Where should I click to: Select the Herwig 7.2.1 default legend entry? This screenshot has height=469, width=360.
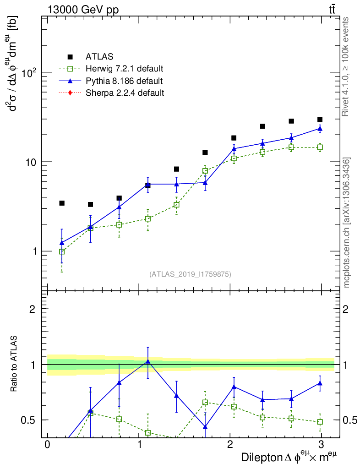pos(124,69)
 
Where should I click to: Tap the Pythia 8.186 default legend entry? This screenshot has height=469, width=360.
pos(124,81)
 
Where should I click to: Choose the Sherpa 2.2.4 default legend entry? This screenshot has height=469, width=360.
pos(125,93)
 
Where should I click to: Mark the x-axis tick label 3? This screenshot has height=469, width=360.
pos(322,445)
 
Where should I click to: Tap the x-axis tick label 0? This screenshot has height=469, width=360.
pos(47,445)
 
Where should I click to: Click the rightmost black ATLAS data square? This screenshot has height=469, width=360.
pos(320,120)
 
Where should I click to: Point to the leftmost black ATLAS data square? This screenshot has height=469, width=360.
pos(62,203)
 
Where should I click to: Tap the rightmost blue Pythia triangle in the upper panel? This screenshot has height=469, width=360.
pos(320,129)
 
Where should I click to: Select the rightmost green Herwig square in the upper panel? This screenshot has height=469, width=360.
pos(320,147)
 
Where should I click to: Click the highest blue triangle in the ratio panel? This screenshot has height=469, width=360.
pos(147,361)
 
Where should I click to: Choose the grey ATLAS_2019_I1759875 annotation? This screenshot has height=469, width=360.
pos(190,274)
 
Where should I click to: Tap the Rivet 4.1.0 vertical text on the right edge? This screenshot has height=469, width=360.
pos(347,66)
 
